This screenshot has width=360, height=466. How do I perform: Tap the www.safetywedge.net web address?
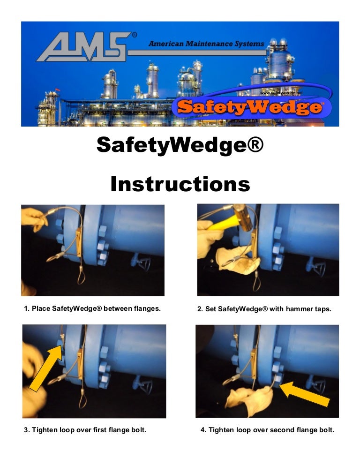[x=281, y=93]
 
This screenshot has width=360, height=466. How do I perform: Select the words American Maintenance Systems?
[x=206, y=44]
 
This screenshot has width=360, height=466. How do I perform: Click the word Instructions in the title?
[x=180, y=184]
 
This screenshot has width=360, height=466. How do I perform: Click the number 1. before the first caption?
[x=27, y=309]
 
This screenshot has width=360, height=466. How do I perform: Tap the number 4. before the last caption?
[x=203, y=430]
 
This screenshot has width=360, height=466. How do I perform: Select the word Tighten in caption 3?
[x=45, y=430]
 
